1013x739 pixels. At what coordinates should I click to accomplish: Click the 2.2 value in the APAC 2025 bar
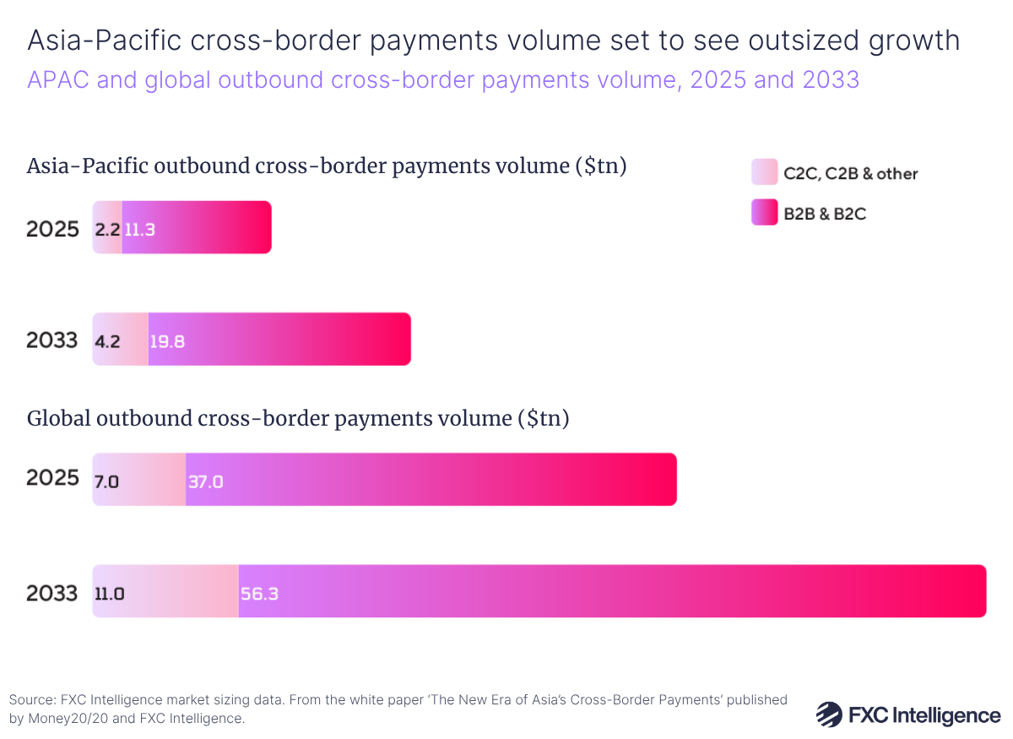(106, 228)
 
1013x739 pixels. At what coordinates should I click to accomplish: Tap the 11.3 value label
(139, 228)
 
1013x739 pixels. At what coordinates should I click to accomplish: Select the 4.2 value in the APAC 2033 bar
(106, 340)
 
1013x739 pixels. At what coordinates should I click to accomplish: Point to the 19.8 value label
(167, 340)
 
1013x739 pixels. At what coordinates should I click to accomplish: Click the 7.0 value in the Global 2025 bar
(106, 481)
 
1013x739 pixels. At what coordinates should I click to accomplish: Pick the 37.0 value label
(206, 481)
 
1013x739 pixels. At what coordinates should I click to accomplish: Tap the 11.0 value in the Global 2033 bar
(109, 593)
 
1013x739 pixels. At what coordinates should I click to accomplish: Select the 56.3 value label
(260, 593)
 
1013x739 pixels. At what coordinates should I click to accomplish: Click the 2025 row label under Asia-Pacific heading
(52, 228)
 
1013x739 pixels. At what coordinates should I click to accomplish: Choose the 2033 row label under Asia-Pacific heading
(52, 340)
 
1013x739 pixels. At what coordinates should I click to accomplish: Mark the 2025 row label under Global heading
(52, 479)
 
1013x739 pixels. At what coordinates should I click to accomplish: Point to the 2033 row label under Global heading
(52, 593)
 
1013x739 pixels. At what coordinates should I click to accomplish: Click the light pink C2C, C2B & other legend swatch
(764, 172)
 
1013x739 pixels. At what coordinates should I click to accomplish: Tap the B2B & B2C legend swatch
(764, 213)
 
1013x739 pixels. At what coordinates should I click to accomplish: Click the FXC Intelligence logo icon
(828, 715)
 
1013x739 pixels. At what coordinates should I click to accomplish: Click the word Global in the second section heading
(60, 418)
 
